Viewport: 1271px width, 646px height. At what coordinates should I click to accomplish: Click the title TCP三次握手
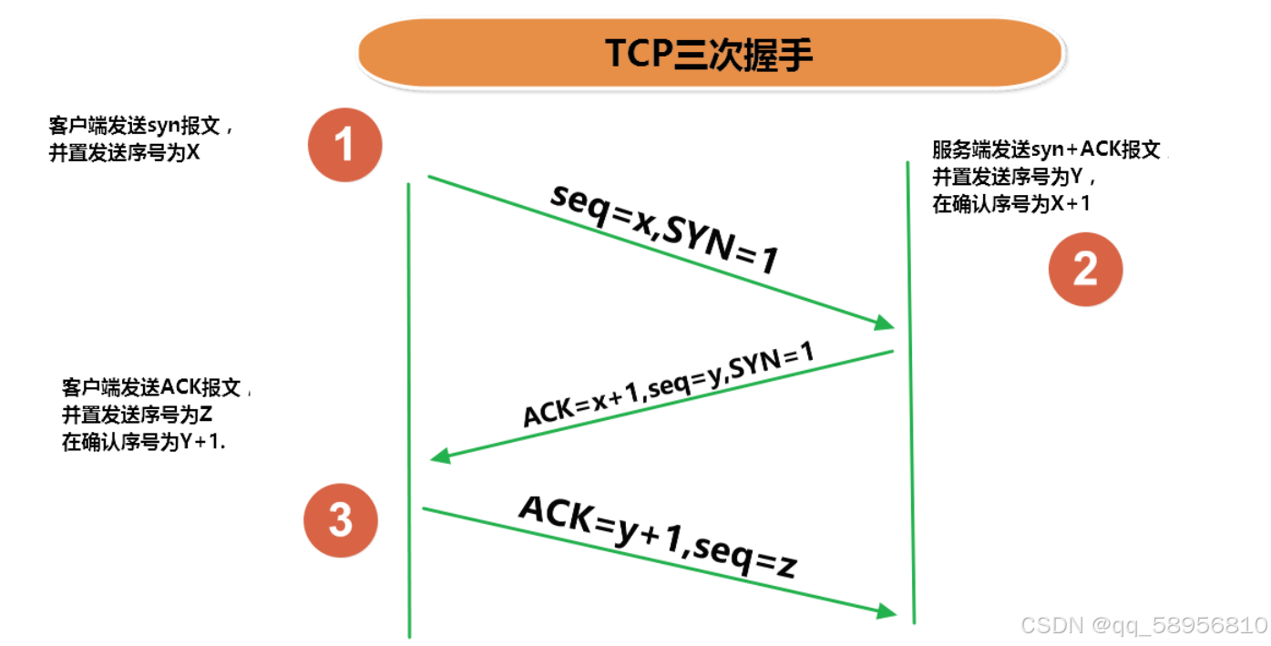(709, 55)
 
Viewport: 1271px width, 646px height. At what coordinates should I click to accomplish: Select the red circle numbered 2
(1085, 269)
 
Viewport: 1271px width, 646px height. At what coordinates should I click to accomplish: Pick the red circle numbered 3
(341, 520)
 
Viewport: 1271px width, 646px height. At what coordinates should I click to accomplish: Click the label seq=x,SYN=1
(664, 226)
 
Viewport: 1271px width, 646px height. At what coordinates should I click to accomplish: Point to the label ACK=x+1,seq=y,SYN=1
(668, 385)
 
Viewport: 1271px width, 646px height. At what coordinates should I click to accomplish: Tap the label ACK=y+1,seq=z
(657, 537)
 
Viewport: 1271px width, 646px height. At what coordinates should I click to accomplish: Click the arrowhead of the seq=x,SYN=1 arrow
(885, 323)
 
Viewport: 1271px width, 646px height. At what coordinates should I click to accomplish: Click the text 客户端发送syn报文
(141, 126)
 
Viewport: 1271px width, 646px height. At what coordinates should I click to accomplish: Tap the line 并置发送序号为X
(124, 152)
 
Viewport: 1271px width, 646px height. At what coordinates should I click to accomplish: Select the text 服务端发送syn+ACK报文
(1046, 150)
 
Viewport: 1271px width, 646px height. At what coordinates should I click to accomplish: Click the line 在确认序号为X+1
(1011, 204)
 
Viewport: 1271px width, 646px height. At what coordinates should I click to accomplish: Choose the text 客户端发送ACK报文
(151, 387)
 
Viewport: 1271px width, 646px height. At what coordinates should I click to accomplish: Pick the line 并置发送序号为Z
(138, 415)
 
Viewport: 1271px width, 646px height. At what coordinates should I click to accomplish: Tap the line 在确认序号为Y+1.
(144, 443)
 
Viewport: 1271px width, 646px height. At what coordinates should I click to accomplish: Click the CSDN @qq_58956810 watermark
(1143, 625)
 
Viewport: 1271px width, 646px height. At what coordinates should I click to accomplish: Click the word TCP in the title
(638, 55)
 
